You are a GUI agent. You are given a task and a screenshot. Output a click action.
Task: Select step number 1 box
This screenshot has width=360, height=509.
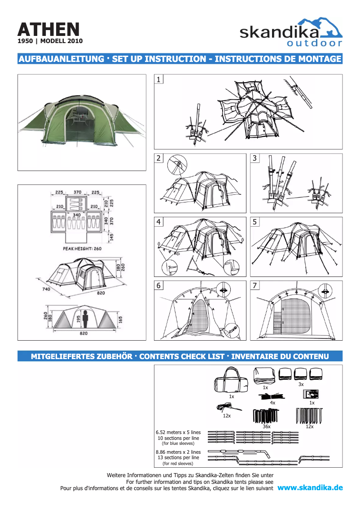(x=159, y=79)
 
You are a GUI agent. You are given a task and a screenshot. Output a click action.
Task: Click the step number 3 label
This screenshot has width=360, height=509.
(x=255, y=158)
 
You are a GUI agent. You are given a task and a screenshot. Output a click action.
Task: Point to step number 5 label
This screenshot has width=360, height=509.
(x=255, y=222)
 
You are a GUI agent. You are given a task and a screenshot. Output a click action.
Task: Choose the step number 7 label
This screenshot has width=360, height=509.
(x=255, y=285)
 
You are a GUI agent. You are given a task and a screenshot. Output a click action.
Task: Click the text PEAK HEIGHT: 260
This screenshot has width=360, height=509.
(x=79, y=248)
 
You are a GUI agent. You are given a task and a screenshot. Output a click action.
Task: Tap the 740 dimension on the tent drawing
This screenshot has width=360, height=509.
(x=46, y=290)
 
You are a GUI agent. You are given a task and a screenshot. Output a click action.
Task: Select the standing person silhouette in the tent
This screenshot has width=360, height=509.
(x=84, y=318)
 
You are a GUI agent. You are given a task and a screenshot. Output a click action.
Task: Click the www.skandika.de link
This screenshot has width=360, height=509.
(x=310, y=487)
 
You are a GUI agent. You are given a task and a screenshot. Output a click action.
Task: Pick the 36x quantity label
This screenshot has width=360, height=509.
(x=266, y=426)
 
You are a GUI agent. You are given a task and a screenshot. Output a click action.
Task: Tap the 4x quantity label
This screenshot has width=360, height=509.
(x=272, y=403)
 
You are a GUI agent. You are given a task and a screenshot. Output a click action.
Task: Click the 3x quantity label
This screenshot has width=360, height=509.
(x=301, y=384)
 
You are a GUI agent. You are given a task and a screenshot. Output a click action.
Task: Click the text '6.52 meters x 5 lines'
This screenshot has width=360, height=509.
(x=178, y=432)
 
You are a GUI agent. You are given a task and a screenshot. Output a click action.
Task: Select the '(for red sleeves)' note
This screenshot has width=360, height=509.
(x=178, y=463)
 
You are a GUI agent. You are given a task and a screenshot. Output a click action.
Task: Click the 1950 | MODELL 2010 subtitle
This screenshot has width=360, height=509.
(x=50, y=41)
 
